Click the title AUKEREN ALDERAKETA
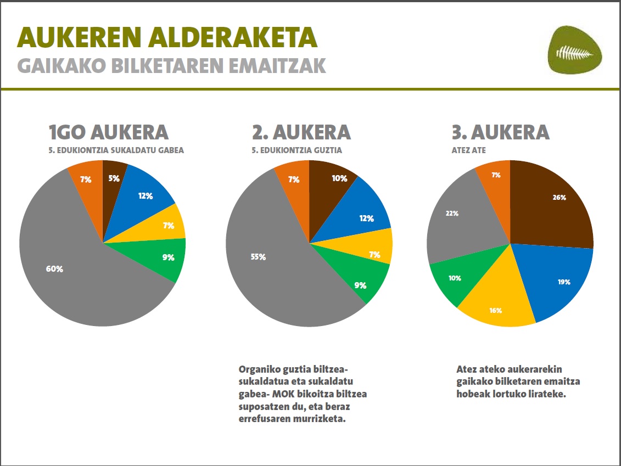click(x=167, y=37)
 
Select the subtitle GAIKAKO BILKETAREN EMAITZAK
click(x=171, y=65)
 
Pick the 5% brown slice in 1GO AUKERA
click(x=113, y=179)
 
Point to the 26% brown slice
click(x=555, y=203)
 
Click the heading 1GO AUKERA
click(x=108, y=132)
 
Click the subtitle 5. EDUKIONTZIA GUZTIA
click(x=297, y=150)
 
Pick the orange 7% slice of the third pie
click(x=494, y=178)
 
